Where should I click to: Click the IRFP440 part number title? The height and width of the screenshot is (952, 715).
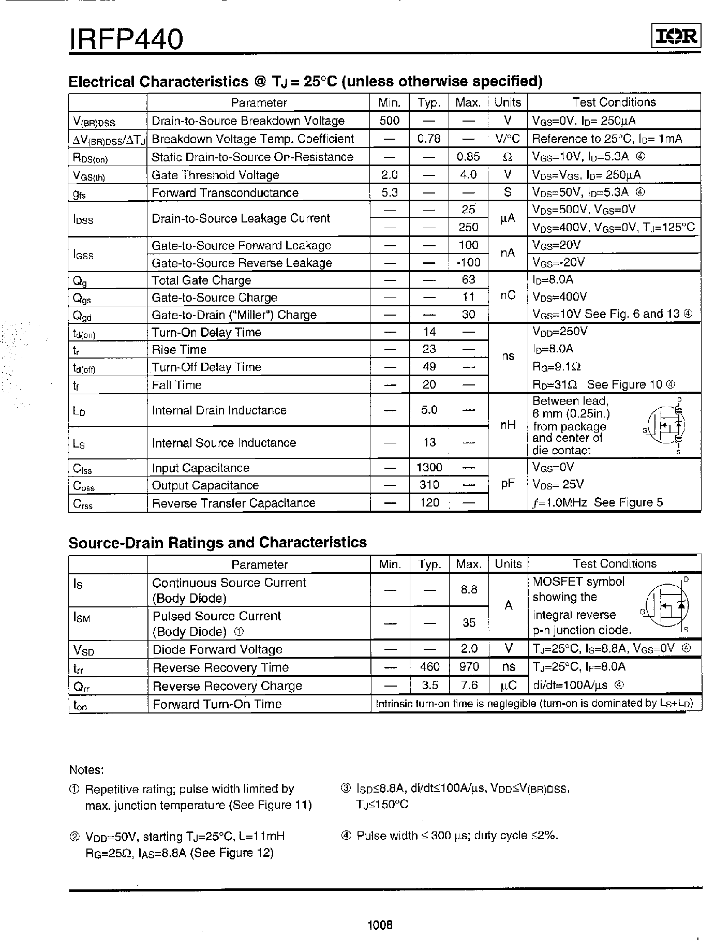126,39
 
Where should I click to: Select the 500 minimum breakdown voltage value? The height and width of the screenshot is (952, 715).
389,121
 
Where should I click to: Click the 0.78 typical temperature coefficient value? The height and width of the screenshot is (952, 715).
428,139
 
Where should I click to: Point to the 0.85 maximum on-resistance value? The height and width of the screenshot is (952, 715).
468,157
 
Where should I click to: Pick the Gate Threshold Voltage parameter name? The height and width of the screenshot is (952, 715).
215,175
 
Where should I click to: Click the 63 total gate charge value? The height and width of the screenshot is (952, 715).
468,280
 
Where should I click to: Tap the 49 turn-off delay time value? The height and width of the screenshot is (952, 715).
429,367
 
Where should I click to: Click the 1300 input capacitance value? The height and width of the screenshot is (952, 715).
429,468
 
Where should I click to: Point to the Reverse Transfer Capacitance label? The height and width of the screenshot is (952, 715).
233,503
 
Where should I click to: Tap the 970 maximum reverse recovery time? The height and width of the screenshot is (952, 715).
469,667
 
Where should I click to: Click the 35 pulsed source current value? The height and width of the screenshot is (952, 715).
469,622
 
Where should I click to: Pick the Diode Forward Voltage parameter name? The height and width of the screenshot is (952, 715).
217,649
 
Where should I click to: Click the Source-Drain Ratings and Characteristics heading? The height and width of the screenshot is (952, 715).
217,542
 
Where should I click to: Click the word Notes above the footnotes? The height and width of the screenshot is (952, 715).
86,770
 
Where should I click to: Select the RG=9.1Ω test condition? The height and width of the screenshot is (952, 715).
557,367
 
